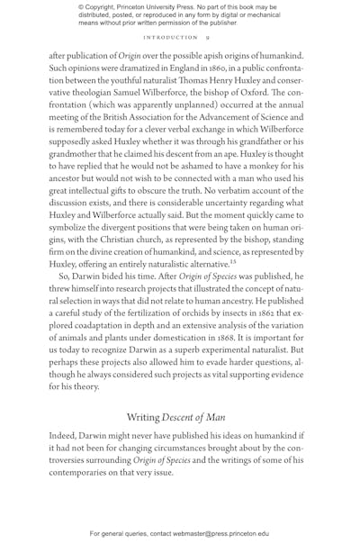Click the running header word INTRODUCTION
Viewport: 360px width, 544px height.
(x=170, y=38)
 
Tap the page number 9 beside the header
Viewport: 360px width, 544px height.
(x=207, y=38)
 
